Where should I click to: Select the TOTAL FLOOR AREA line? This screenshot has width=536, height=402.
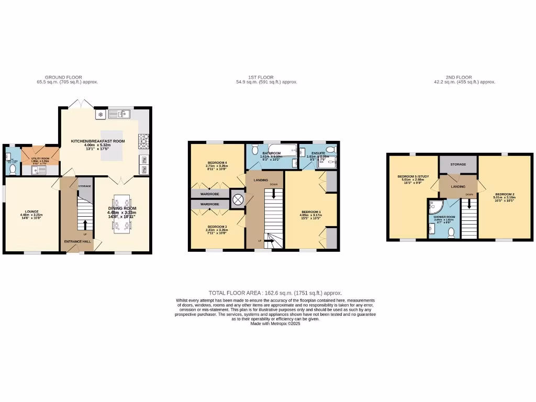point(275,293)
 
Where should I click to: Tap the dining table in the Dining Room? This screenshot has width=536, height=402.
point(121,214)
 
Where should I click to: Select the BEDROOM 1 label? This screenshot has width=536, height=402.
point(311,212)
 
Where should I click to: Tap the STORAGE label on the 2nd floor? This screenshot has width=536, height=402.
point(459,164)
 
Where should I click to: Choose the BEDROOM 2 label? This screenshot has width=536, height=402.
point(505,194)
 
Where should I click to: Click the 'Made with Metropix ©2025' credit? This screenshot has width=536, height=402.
point(275,323)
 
